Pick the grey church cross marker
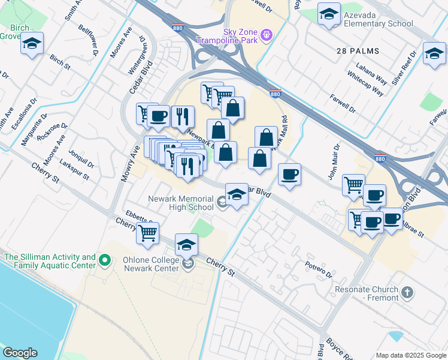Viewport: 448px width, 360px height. pos(407,293)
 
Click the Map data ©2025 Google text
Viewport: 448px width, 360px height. pos(411,355)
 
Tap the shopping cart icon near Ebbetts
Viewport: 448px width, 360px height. pos(147,233)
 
